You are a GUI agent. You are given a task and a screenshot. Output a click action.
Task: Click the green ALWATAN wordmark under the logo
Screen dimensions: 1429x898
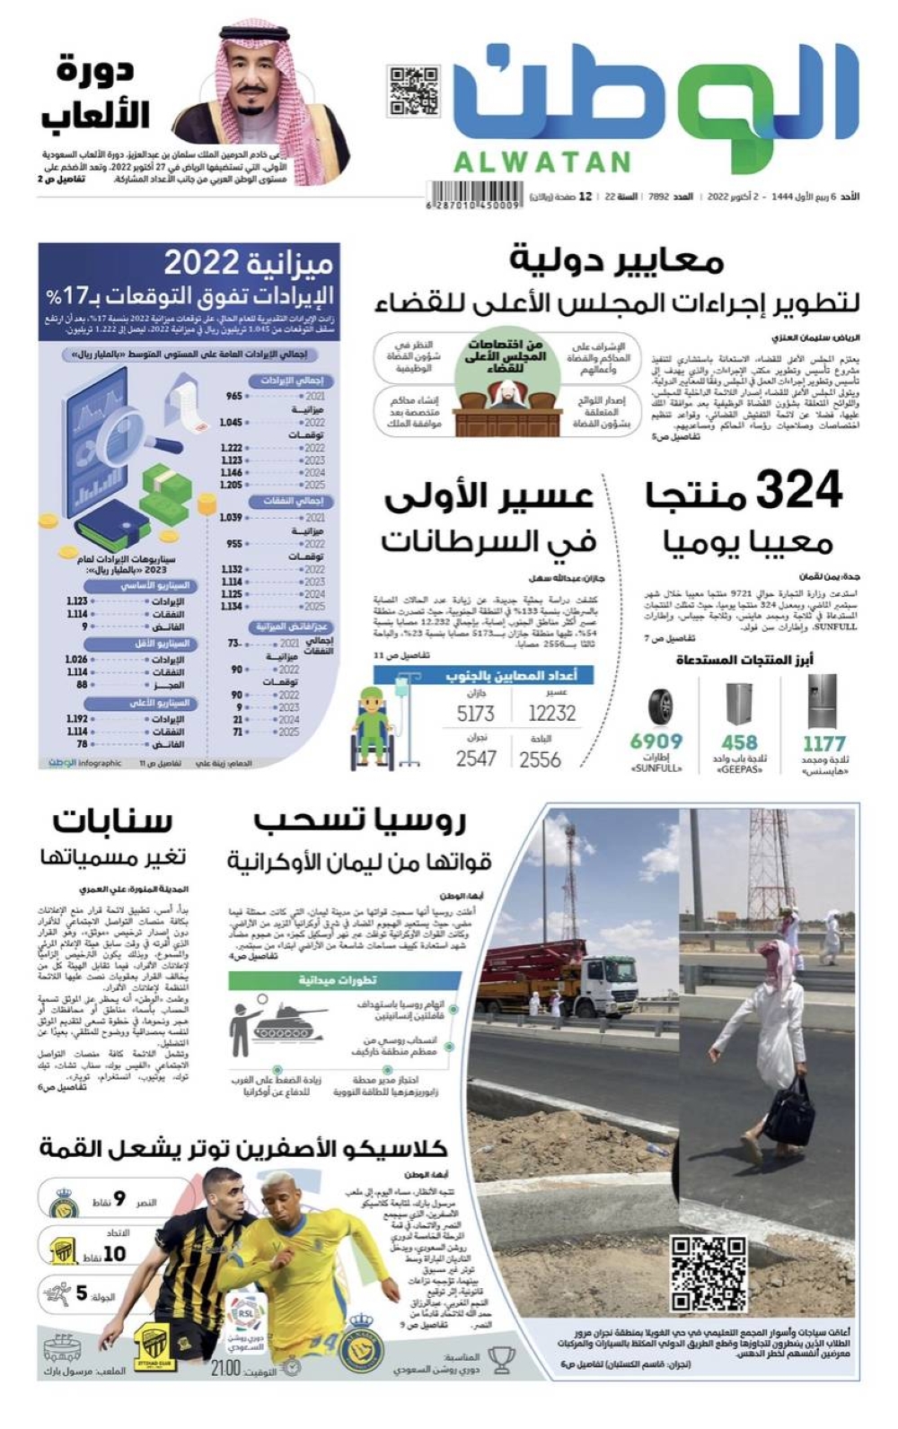tap(542, 162)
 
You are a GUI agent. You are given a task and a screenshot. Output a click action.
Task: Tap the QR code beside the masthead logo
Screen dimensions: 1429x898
tap(413, 91)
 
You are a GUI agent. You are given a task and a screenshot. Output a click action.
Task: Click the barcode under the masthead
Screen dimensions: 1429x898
tap(473, 193)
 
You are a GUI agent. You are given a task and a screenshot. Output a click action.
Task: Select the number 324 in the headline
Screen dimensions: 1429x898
tap(798, 491)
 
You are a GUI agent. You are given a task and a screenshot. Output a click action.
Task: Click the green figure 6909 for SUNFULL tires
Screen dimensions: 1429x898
tap(656, 741)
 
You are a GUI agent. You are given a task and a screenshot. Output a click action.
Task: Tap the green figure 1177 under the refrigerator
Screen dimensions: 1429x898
tap(823, 743)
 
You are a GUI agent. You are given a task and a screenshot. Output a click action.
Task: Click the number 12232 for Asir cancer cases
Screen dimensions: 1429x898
tap(551, 714)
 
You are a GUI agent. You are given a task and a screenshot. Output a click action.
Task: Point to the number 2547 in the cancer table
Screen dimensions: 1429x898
tap(476, 759)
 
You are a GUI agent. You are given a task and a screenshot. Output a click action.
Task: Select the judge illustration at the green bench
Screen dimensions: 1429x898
tap(507, 396)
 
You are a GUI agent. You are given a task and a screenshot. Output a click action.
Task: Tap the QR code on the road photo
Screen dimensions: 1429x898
tap(709, 1274)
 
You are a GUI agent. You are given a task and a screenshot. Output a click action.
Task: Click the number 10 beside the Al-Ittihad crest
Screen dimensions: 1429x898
tap(114, 1253)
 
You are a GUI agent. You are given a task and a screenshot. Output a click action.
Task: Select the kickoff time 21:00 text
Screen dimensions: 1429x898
tap(225, 1368)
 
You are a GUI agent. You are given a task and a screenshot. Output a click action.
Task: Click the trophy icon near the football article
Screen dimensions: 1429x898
tap(501, 1361)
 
